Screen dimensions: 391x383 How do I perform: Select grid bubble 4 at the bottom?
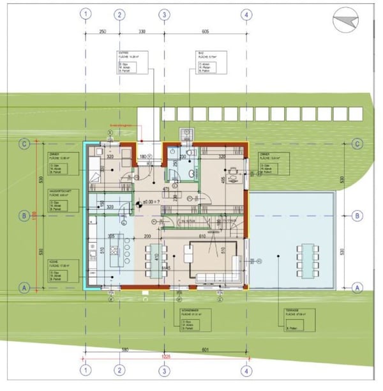pos(246,370)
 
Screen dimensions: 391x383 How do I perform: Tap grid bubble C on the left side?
pos(24,144)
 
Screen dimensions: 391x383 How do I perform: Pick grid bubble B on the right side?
pos(356,216)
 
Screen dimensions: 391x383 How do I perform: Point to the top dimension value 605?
pos(205,31)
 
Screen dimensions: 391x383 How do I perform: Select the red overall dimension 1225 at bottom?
pos(166,356)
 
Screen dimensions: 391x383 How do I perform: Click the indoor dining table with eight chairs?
pos(188,253)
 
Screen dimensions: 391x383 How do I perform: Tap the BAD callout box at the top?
pos(211,63)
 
